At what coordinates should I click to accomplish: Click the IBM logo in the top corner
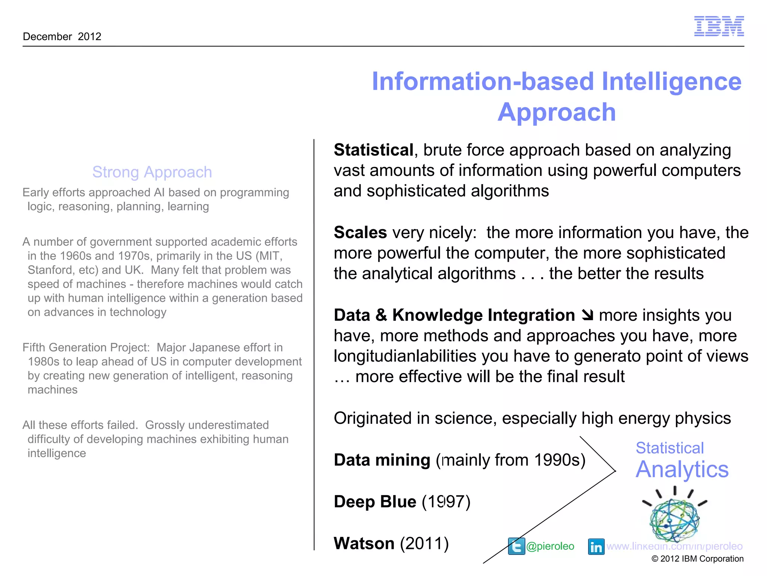(x=719, y=26)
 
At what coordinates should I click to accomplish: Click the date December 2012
(x=62, y=36)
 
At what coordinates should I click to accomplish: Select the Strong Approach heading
(x=152, y=172)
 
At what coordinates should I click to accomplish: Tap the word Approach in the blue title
(x=557, y=112)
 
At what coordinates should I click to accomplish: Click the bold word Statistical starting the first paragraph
(x=373, y=150)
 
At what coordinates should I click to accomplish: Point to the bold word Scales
(x=360, y=232)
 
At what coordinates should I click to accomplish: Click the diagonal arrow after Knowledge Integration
(x=588, y=315)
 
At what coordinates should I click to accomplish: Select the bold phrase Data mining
(x=382, y=460)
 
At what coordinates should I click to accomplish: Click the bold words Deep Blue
(x=375, y=502)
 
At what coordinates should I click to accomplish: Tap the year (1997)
(x=446, y=502)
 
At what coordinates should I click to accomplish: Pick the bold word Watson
(x=364, y=543)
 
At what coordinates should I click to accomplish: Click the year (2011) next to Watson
(x=424, y=543)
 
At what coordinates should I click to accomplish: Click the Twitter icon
(x=516, y=546)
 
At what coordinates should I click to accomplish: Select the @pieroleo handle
(x=550, y=546)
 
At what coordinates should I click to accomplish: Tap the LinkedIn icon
(x=596, y=546)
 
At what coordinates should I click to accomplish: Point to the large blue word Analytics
(x=682, y=469)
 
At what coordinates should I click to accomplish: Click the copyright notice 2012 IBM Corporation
(x=697, y=559)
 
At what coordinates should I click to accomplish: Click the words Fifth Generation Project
(x=86, y=348)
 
